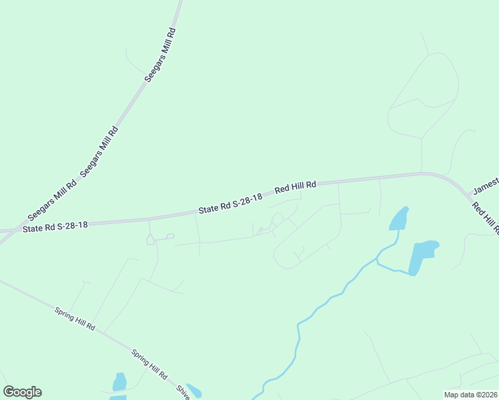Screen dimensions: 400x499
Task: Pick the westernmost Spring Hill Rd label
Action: (75, 319)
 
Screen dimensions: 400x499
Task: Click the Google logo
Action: (22, 392)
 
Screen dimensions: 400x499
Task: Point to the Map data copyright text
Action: (470, 395)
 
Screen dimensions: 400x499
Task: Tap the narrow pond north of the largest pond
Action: (398, 219)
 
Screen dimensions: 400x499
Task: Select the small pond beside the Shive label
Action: (194, 391)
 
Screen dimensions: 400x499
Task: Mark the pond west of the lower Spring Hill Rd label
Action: (119, 382)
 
